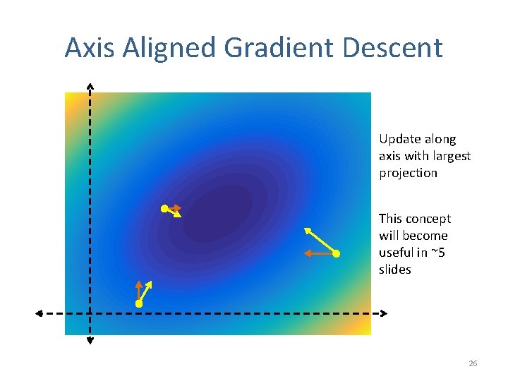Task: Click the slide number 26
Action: tap(473, 363)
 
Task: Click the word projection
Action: tap(408, 173)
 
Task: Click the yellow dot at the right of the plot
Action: tap(337, 253)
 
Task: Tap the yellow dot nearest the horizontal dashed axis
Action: tap(139, 303)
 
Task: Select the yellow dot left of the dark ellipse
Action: tap(164, 208)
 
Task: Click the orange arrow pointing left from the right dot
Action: tap(319, 253)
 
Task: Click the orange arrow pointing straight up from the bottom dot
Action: tap(139, 291)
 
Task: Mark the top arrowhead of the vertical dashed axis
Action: tap(90, 86)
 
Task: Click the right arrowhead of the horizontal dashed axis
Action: tap(384, 313)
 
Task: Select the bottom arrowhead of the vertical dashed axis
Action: tap(90, 341)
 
